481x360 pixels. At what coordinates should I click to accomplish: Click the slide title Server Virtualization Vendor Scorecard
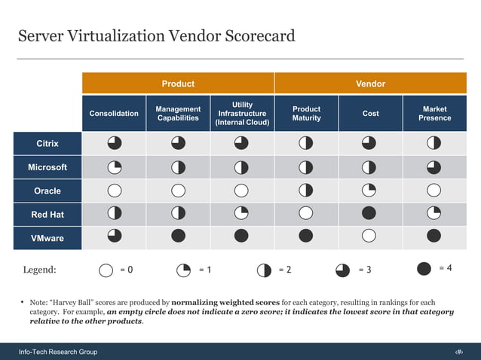pyautogui.click(x=156, y=36)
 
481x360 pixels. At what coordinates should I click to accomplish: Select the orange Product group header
pyautogui.click(x=178, y=84)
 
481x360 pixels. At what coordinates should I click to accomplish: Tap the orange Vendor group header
pyautogui.click(x=370, y=84)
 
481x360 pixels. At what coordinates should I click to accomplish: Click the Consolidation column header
pyautogui.click(x=114, y=114)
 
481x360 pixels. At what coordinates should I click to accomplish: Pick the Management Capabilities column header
pyautogui.click(x=178, y=114)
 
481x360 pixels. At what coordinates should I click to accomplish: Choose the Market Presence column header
pyautogui.click(x=434, y=114)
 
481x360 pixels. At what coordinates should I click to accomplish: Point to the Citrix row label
pyautogui.click(x=47, y=143)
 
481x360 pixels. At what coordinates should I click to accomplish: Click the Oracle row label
pyautogui.click(x=47, y=191)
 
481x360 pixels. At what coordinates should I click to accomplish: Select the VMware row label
pyautogui.click(x=47, y=239)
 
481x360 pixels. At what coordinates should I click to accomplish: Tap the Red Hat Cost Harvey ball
pyautogui.click(x=369, y=214)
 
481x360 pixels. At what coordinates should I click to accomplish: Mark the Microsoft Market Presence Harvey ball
pyautogui.click(x=434, y=166)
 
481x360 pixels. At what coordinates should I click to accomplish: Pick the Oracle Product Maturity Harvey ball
pyautogui.click(x=306, y=190)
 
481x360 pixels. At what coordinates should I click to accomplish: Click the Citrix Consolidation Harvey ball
pyautogui.click(x=114, y=142)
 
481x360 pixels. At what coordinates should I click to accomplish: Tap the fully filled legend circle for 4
pyautogui.click(x=424, y=268)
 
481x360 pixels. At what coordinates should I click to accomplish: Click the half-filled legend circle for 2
pyautogui.click(x=264, y=270)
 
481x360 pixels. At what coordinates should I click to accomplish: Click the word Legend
pyautogui.click(x=39, y=270)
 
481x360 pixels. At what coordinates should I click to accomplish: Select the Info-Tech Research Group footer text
pyautogui.click(x=58, y=352)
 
